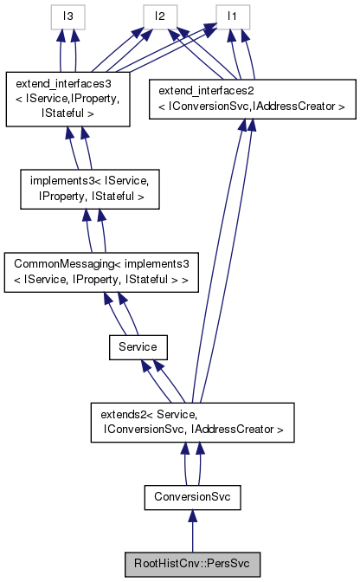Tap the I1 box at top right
233,15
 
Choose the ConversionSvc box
192,498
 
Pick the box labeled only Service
138,346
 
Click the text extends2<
131,411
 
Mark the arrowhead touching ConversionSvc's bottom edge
192,517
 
